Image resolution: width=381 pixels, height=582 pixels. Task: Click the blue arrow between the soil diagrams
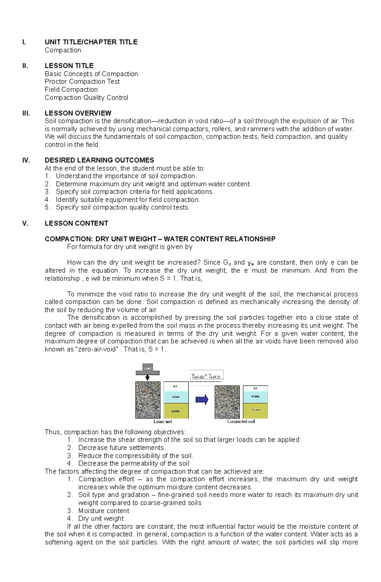[202, 400]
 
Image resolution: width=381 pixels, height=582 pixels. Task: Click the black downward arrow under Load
[147, 377]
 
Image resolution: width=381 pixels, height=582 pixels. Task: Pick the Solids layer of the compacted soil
[256, 410]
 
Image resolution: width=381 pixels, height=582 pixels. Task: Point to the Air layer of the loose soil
[176, 386]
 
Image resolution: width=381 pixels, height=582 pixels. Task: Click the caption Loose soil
[163, 422]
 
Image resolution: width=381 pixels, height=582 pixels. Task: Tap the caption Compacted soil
[241, 422]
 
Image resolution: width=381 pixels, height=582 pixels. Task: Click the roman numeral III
[26, 113]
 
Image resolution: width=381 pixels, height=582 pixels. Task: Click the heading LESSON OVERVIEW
[78, 113]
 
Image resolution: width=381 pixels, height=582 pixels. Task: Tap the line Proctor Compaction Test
[82, 82]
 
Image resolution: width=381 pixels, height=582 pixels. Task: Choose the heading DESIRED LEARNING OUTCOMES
[99, 160]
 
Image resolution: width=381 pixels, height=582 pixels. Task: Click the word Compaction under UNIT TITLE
[63, 50]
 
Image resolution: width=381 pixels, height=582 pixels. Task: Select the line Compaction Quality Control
[86, 98]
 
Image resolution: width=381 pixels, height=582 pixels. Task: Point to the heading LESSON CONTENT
[76, 223]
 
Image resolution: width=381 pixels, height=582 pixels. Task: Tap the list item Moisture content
[104, 511]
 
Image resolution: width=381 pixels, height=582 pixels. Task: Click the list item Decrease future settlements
[122, 448]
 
